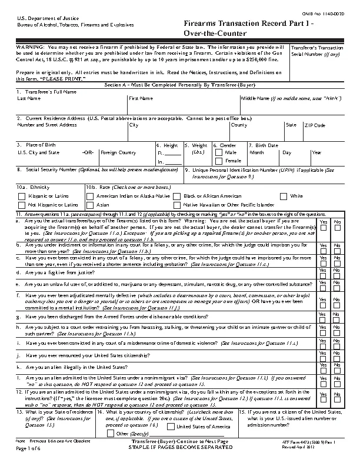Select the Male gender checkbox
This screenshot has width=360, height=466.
220,152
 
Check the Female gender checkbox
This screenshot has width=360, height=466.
220,161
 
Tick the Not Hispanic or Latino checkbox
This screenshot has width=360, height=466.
22,205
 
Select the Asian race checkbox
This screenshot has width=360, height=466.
90,205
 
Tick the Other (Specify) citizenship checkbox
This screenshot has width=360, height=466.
109,433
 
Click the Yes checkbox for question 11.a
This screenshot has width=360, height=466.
323,228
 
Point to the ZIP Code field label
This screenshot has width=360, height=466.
314,125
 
